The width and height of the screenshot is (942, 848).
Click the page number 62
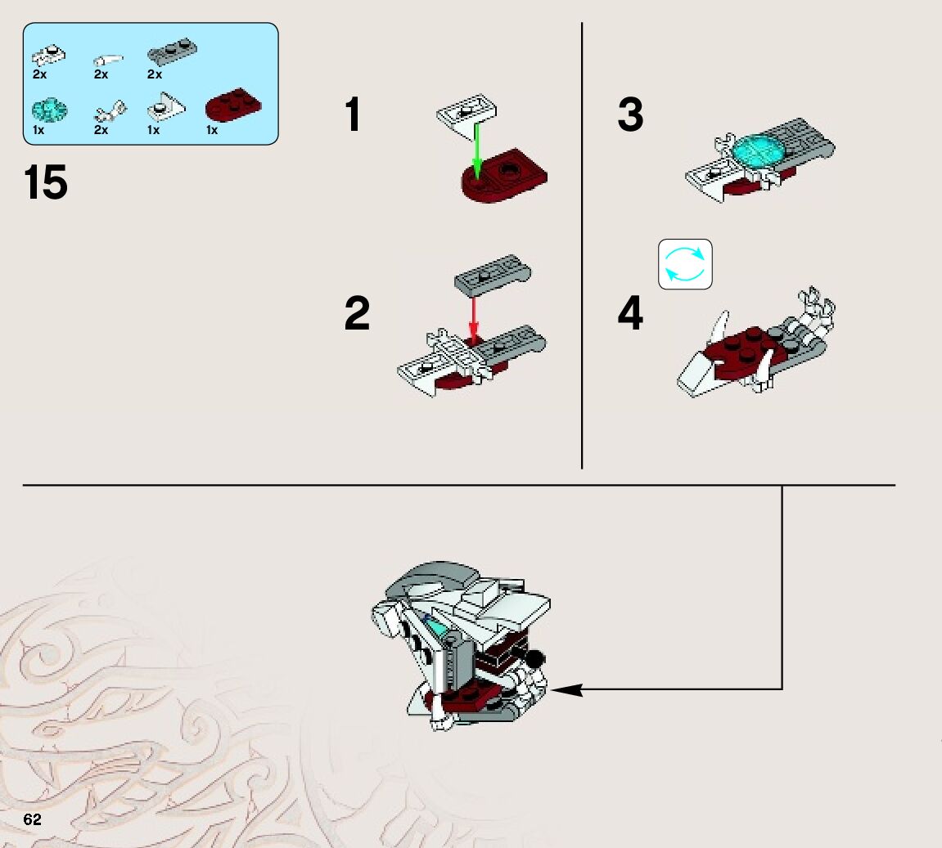[32, 819]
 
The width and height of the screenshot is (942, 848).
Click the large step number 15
[46, 182]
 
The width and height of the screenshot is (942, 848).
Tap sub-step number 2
[357, 312]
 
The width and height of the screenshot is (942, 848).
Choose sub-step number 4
[630, 312]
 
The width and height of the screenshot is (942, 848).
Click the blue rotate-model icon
[686, 264]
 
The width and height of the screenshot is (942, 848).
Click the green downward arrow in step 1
[477, 150]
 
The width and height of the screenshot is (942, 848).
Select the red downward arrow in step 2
[473, 318]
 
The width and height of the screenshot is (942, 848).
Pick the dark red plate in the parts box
[234, 106]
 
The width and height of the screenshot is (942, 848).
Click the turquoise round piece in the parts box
[49, 110]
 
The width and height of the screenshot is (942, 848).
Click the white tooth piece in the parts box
[108, 60]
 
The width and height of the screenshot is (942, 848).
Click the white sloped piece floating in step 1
[466, 115]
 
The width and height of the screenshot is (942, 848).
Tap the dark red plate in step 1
[504, 176]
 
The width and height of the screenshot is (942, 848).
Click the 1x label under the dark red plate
[212, 130]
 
